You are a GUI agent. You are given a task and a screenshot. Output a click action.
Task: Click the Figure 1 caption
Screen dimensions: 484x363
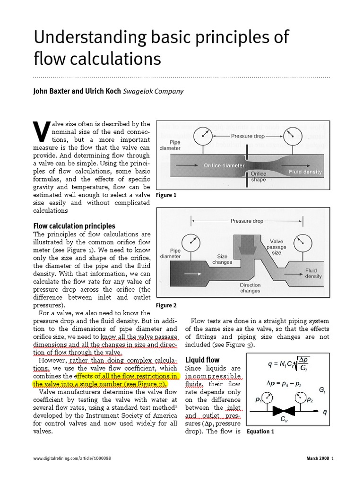point(166,195)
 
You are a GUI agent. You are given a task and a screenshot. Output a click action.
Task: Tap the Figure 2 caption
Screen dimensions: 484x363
point(166,305)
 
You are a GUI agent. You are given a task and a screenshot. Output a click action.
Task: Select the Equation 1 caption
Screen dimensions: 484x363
point(260,432)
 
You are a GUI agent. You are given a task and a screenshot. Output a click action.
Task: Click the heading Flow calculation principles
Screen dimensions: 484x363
point(74,226)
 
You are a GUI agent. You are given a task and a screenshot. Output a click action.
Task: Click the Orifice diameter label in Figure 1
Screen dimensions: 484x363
point(224,166)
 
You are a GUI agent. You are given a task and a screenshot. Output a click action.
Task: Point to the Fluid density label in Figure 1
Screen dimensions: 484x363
point(305,173)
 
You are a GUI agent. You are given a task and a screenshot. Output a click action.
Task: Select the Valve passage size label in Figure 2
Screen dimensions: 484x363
point(277,247)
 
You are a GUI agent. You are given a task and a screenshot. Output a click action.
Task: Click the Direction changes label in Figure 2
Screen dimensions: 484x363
point(250,288)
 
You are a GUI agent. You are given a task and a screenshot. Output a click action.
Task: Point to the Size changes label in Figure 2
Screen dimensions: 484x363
point(222,259)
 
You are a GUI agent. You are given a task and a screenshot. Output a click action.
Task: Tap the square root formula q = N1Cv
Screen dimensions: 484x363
point(288,364)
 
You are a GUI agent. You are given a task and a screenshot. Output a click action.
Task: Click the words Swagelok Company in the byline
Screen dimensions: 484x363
point(153,92)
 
